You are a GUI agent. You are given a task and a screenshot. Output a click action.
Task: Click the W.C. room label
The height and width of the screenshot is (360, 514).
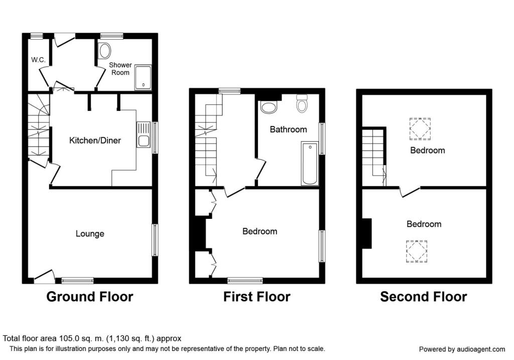[x=38, y=60]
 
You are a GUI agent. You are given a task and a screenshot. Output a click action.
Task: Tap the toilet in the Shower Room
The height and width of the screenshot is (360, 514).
[x=105, y=51]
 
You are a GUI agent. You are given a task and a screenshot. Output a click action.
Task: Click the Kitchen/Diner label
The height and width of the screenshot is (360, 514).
[x=95, y=140]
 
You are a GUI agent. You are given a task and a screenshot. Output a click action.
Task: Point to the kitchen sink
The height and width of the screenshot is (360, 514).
[x=143, y=134]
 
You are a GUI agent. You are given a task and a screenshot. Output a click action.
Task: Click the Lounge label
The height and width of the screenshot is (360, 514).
[x=90, y=233]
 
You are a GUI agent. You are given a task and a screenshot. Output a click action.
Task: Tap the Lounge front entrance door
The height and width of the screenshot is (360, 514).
[x=44, y=276]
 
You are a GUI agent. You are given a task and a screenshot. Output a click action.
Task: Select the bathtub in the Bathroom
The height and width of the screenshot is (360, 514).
[x=309, y=164]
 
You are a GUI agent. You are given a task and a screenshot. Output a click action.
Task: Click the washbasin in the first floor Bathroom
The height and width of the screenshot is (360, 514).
[x=269, y=106]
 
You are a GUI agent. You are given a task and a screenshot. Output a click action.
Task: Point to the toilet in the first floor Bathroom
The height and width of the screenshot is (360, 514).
[x=302, y=104]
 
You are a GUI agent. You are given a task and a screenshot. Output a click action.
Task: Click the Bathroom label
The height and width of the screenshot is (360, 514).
[x=288, y=129]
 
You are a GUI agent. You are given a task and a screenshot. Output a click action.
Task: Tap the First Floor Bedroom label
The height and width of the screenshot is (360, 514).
[x=260, y=231]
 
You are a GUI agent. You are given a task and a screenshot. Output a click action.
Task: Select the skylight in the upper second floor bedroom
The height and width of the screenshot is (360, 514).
[x=420, y=129]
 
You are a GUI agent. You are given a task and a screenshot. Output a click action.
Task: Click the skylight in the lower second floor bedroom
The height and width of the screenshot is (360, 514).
[x=417, y=252]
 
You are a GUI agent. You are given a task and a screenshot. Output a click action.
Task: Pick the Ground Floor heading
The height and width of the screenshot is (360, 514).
[x=89, y=297]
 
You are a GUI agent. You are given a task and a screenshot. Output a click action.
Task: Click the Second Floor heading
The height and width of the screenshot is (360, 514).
[x=423, y=297]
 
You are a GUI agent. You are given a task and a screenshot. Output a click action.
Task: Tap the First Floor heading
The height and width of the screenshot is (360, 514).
[x=256, y=297]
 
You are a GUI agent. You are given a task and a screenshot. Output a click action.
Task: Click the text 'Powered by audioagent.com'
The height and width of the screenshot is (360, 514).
[x=462, y=349]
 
